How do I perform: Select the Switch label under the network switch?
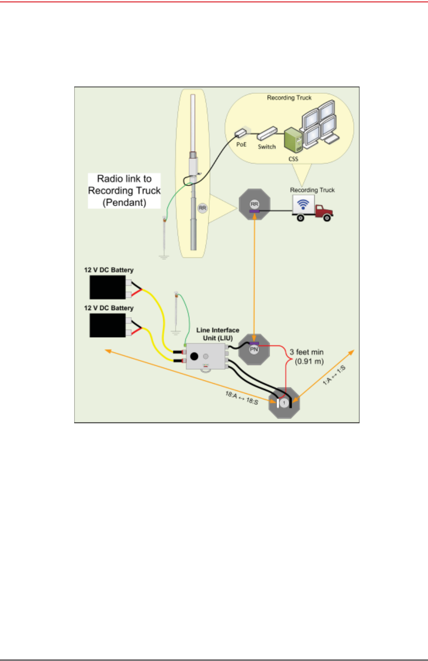(x=267, y=147)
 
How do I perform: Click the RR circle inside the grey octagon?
(x=254, y=204)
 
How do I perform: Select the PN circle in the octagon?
(x=254, y=350)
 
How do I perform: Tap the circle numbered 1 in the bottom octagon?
(x=284, y=403)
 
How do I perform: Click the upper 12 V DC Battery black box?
(x=108, y=287)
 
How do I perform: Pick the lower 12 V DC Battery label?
(x=109, y=308)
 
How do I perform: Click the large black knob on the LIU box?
(x=194, y=356)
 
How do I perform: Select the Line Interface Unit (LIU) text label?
(x=218, y=334)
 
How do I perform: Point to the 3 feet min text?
(x=307, y=352)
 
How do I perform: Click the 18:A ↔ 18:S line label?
(x=242, y=398)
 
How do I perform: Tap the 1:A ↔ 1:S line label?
(x=334, y=375)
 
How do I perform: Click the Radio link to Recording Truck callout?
(x=125, y=191)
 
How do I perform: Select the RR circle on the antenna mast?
(x=203, y=208)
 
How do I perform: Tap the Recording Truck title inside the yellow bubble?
(x=289, y=98)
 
